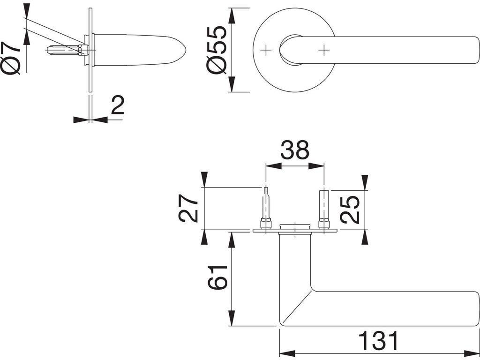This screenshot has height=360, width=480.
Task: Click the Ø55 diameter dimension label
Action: (217, 49)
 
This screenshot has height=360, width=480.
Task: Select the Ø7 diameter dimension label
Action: (12, 58)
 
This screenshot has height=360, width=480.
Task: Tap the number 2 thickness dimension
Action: (117, 106)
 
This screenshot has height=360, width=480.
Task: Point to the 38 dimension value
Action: (295, 150)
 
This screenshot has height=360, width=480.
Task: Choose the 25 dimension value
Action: (351, 209)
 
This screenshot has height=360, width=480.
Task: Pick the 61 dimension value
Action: (217, 277)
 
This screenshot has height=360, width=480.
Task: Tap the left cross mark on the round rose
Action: (267, 49)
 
